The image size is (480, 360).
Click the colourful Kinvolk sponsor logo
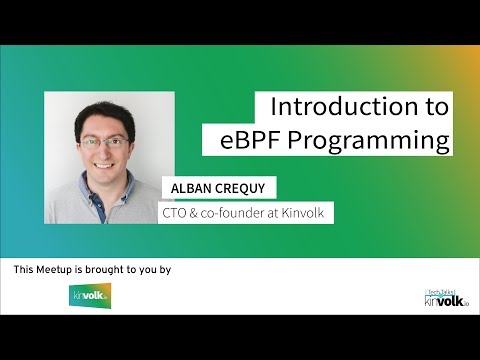click(x=90, y=295)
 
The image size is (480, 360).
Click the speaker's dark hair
click(x=104, y=112)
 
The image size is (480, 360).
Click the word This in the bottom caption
click(x=25, y=270)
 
